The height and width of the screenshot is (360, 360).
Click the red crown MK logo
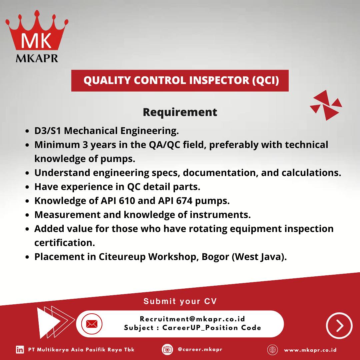coord(37,31)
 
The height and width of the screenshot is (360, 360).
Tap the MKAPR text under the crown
coord(37,58)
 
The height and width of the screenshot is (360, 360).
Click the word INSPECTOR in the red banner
coord(219,80)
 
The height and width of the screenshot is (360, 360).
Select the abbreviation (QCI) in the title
coord(265,81)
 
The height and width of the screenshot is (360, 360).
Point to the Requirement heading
coord(180,112)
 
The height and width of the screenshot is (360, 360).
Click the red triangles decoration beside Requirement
coord(326,105)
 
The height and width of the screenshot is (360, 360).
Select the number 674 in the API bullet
coord(184,201)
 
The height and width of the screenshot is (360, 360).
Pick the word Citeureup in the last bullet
coord(122,257)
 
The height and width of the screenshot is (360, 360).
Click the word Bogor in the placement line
coord(215,257)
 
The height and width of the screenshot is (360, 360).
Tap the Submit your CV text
coord(180,301)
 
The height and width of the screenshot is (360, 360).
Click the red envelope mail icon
coord(92,324)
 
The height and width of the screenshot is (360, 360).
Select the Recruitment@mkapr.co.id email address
coord(192,319)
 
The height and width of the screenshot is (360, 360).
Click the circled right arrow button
coord(339,325)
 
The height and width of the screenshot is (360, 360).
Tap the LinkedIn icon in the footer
coord(20,350)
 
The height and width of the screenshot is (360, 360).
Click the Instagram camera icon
coord(167,350)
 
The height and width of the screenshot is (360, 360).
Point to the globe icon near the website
coord(273,350)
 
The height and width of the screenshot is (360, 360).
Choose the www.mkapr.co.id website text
coord(310,350)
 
